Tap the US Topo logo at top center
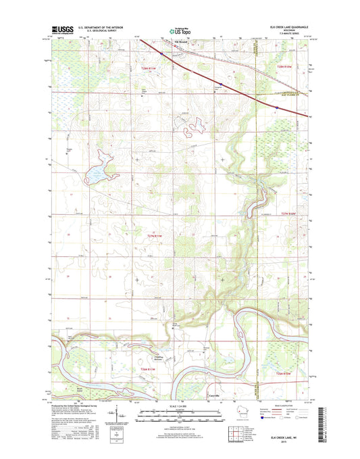pos(175,30)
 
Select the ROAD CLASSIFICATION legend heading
pos(278,406)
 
